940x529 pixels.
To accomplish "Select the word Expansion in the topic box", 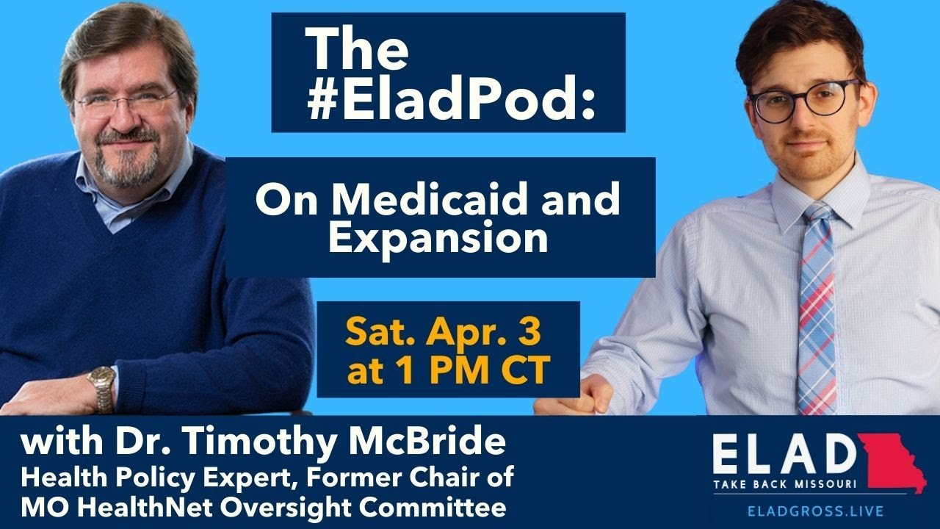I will (438, 239).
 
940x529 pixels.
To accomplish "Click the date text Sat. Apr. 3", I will (443, 334).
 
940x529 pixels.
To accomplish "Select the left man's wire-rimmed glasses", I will (126, 102).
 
